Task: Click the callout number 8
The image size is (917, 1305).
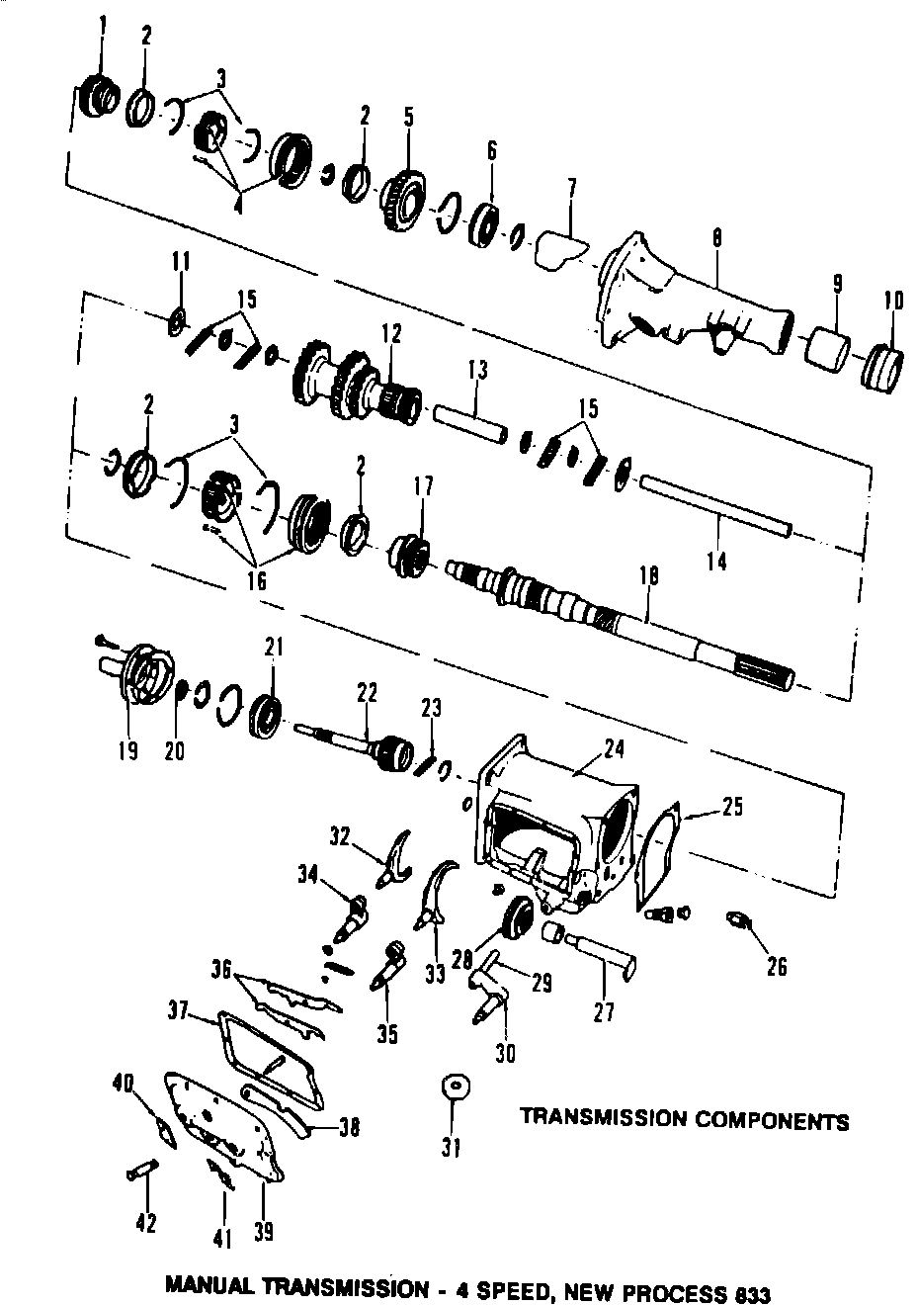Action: point(716,238)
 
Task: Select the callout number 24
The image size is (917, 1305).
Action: point(614,748)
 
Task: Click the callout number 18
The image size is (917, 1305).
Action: point(648,576)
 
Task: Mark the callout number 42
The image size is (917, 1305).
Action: point(145,1223)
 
